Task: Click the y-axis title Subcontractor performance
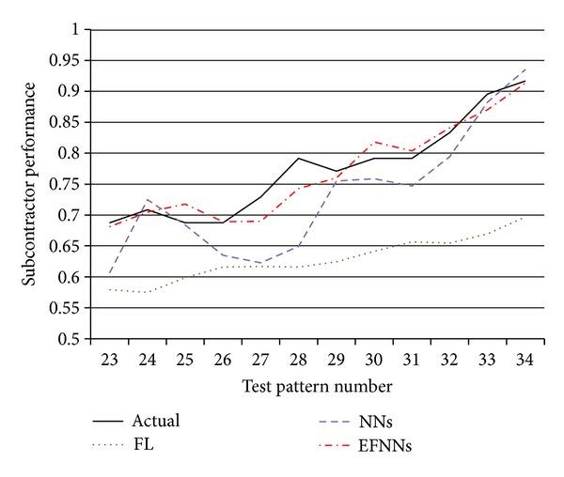coord(30,183)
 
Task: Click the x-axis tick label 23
coord(110,360)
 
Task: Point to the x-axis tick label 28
coord(298,360)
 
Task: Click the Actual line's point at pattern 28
coord(298,158)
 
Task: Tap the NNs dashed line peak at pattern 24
coord(148,199)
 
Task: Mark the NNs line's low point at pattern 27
coord(260,263)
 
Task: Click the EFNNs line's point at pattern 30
coord(373,142)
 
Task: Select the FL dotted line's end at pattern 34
coord(524,217)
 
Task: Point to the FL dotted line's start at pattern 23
coord(110,289)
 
